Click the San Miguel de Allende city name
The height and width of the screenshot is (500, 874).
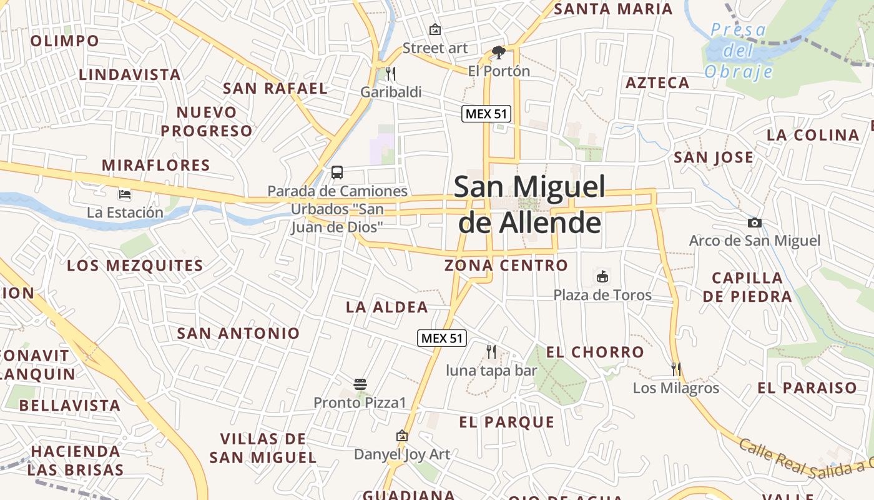coord(529,204)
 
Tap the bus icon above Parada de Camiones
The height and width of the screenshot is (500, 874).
coord(337,172)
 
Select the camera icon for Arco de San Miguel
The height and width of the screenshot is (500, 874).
coord(754,222)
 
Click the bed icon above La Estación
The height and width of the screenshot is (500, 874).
coord(125,194)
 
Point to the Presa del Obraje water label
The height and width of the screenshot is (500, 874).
coord(739,51)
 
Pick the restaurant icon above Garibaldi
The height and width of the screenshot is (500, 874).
coord(391,74)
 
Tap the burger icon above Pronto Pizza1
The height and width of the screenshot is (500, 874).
coord(360,384)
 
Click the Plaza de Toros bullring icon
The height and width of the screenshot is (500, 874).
coord(602,276)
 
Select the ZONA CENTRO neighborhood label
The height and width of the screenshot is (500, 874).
coord(506,266)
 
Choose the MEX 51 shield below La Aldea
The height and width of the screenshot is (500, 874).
coord(442,338)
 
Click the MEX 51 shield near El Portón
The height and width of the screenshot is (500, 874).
coord(486,114)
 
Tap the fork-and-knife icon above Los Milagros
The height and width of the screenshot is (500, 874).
coord(675,369)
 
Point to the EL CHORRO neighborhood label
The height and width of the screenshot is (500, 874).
coord(595,352)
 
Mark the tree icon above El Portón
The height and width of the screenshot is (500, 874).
coord(498,52)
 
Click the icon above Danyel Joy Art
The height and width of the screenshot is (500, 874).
coord(402,436)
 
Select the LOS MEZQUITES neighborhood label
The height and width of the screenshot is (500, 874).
coord(135,266)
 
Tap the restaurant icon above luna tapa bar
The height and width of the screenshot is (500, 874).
coord(491,352)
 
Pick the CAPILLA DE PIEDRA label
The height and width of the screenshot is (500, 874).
coord(747,287)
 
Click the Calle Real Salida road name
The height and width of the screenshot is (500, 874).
coord(805,461)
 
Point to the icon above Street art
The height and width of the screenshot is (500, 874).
coord(435,29)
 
